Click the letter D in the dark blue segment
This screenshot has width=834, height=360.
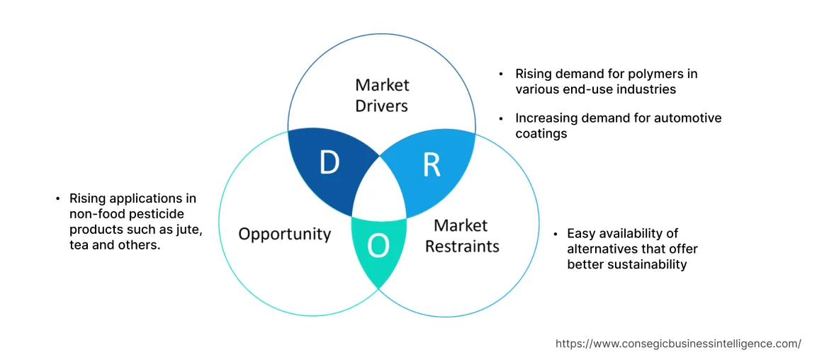click(x=329, y=163)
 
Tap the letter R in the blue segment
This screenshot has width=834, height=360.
click(x=431, y=164)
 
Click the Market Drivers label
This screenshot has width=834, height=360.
click(x=382, y=95)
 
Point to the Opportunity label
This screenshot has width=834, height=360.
click(x=284, y=234)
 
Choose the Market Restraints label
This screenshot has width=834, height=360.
click(x=461, y=236)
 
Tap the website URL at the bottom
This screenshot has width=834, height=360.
click(x=678, y=343)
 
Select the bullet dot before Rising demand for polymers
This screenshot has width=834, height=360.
click(x=502, y=74)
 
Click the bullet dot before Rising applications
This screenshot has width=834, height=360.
click(x=57, y=198)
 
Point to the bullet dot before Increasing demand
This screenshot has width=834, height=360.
click(x=502, y=118)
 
